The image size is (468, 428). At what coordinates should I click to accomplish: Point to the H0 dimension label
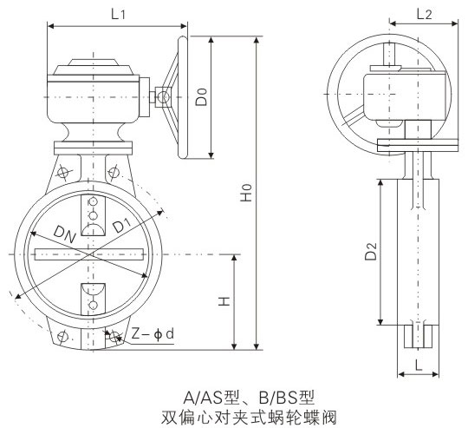(x=247, y=193)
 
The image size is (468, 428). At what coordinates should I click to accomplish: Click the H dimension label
(x=222, y=300)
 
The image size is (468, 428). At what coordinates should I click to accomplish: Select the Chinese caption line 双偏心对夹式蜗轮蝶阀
(x=237, y=415)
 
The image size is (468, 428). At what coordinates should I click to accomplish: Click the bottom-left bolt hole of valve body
(x=61, y=335)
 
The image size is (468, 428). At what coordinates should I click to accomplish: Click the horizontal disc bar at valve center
(x=88, y=254)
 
